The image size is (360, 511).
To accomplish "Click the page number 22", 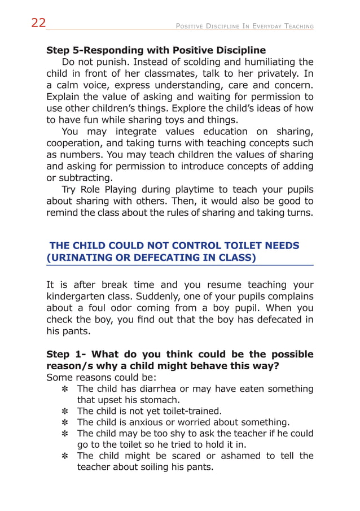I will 38,23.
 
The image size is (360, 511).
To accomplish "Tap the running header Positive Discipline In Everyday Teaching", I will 245,26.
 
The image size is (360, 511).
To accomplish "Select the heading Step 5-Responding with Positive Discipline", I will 156,50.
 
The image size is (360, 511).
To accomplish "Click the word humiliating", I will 256,62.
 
